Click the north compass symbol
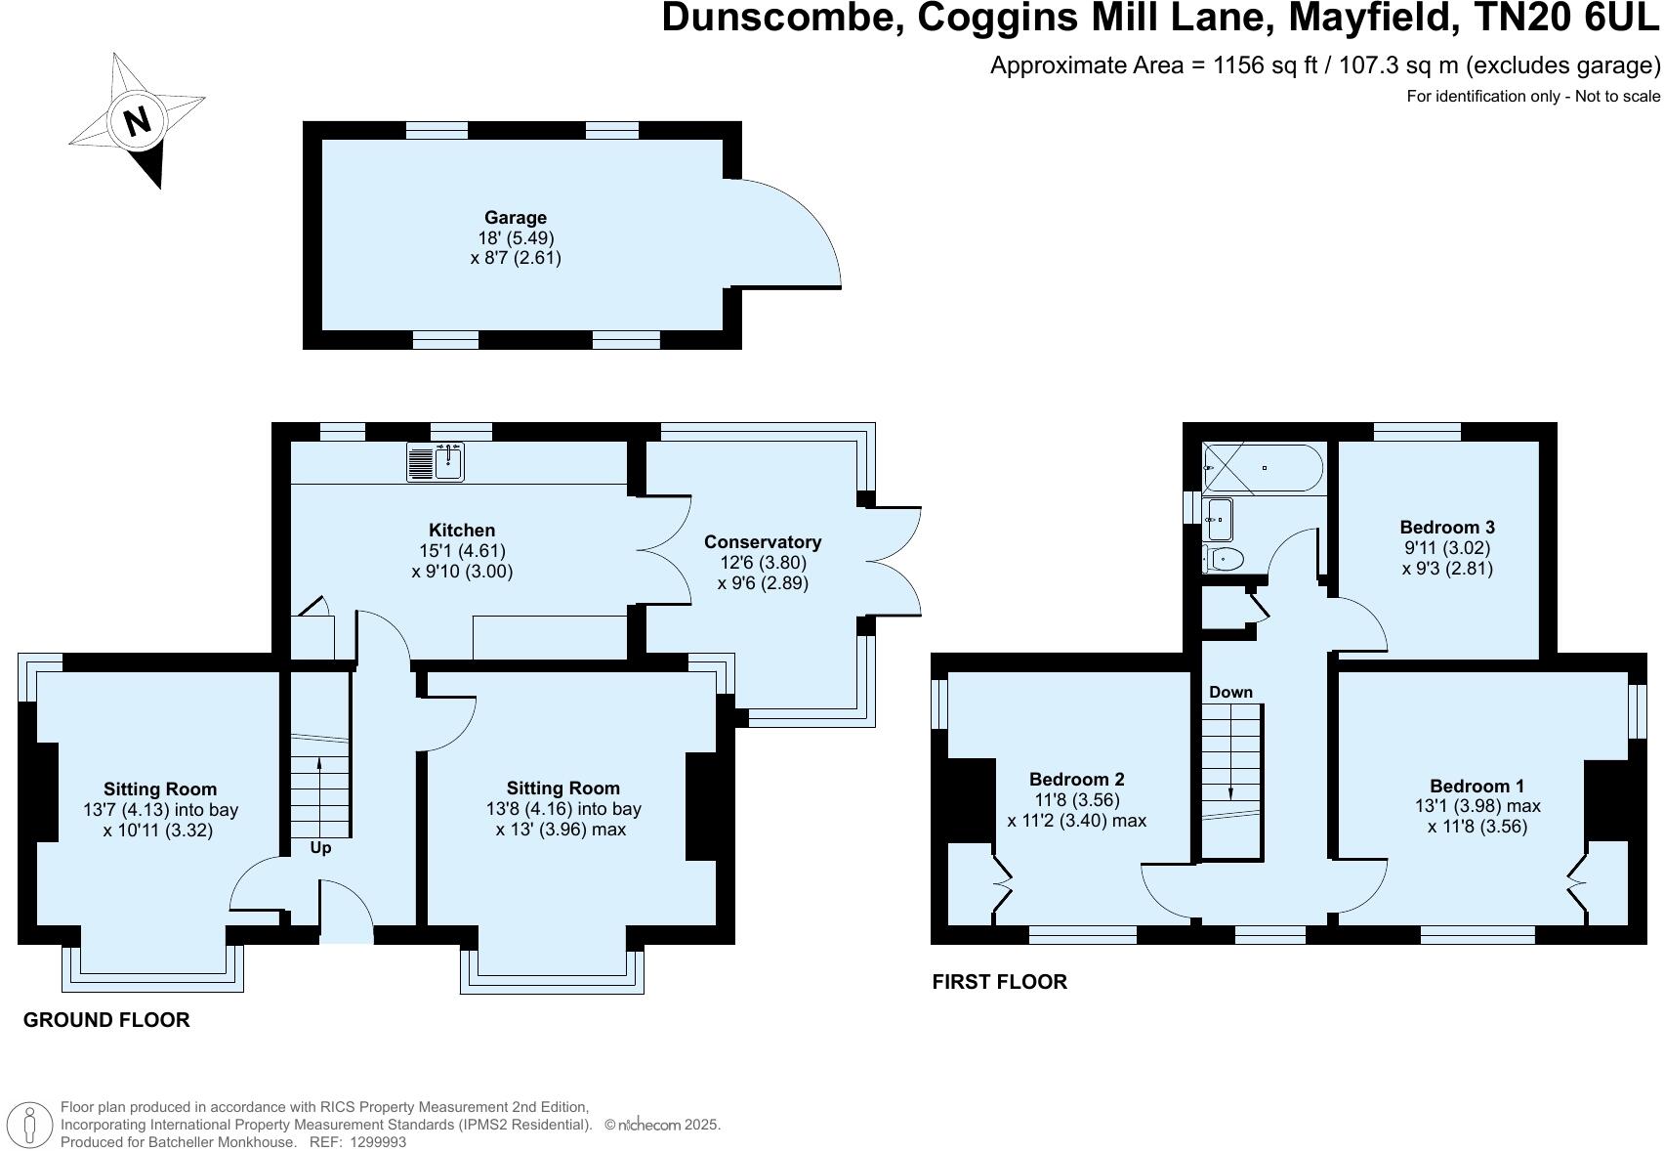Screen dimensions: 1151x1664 (137, 120)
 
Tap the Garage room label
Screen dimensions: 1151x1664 (515, 217)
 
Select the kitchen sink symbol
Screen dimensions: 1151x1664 (437, 461)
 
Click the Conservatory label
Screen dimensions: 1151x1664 (762, 541)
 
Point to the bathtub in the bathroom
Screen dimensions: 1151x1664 (1263, 468)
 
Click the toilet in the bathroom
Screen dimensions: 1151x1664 (1225, 559)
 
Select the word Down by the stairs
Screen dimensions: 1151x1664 (1230, 692)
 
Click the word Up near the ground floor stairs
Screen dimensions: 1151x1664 (320, 848)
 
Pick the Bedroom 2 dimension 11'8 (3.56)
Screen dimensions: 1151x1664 (1076, 799)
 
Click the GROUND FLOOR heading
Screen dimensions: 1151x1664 (106, 1020)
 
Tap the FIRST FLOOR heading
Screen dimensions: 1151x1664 (999, 982)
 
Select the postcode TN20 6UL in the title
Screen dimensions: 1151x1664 (1568, 18)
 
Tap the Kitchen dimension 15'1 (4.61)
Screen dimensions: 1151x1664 (464, 551)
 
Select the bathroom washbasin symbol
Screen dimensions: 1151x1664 (1219, 520)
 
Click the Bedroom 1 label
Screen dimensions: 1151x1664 (1476, 786)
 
